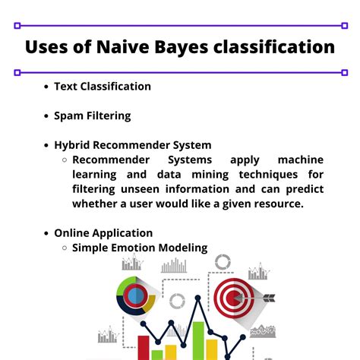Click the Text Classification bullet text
click(103, 86)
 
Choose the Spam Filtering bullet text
click(93, 115)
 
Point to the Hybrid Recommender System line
click(133, 144)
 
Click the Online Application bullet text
click(103, 233)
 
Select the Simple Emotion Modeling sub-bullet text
click(140, 248)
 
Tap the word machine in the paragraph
click(301, 159)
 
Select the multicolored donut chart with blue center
click(136, 295)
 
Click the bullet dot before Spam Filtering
click(48, 115)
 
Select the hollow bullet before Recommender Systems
click(65, 159)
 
